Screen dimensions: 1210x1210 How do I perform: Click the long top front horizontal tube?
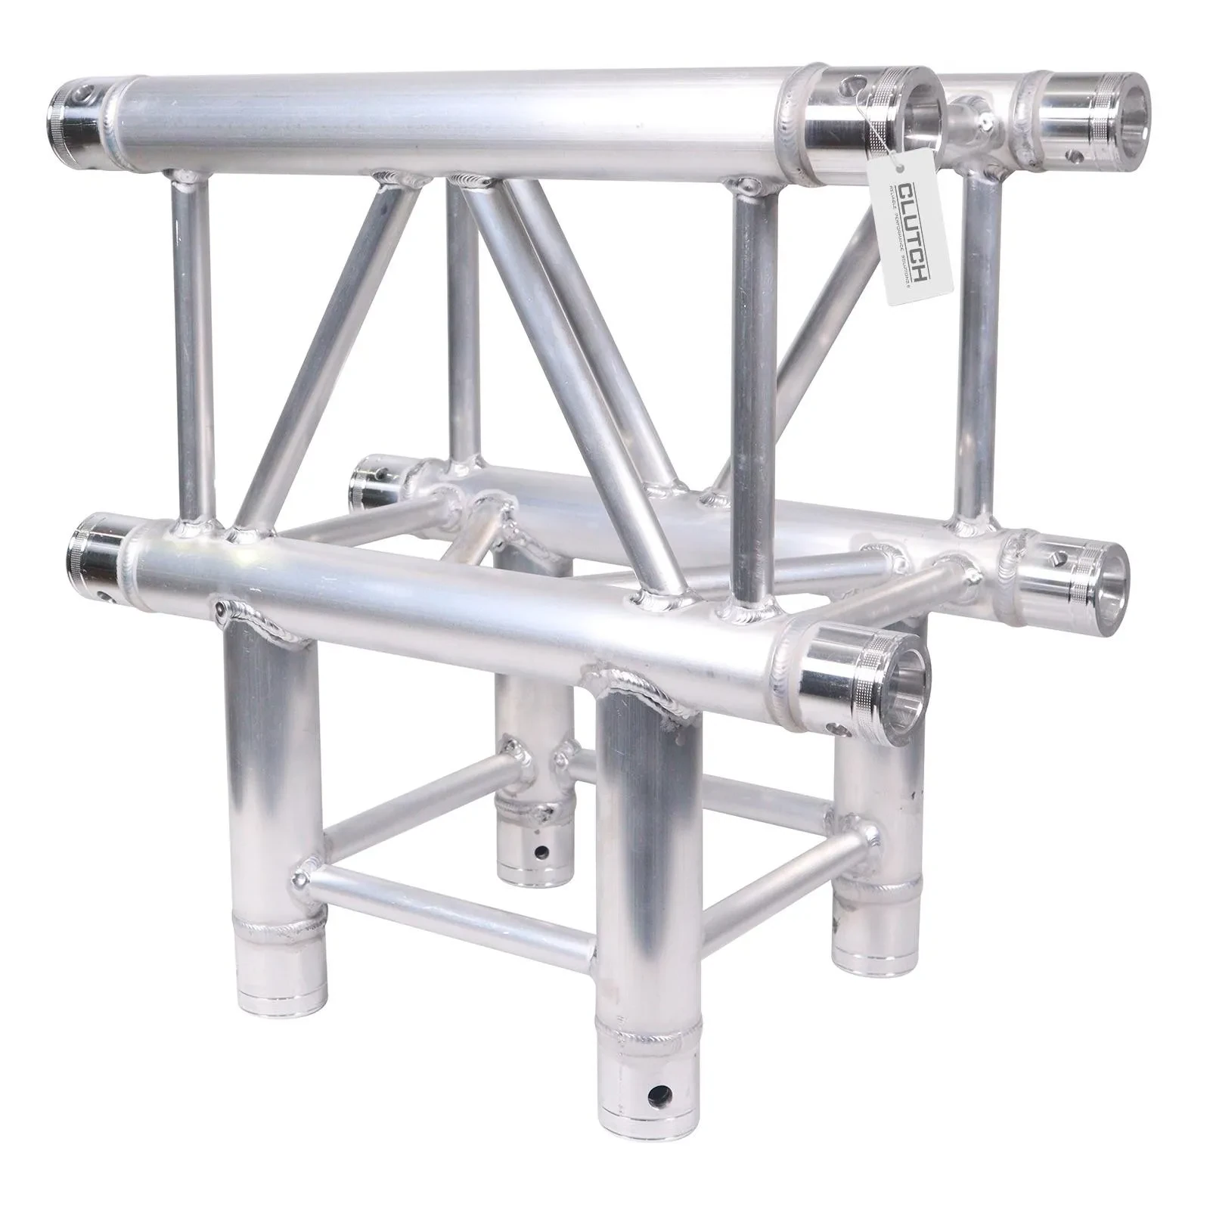coord(454,121)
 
